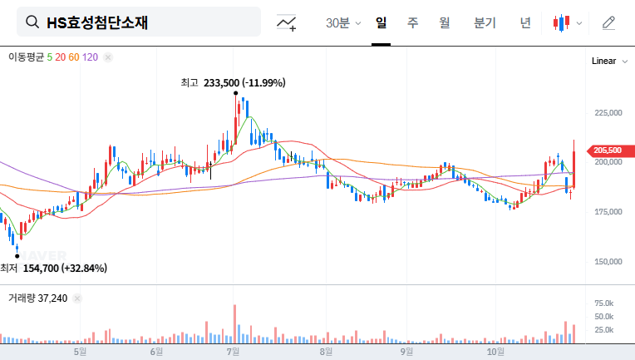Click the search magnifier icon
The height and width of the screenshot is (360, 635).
tap(32, 22)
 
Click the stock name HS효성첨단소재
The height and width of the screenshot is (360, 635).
tap(97, 22)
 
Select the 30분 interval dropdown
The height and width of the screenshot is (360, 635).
tap(342, 22)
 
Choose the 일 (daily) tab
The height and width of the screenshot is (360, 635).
tap(381, 22)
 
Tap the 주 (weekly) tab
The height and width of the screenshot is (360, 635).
tap(413, 22)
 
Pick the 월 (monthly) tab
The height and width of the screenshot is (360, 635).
tap(445, 22)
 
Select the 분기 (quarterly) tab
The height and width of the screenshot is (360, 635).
tap(485, 22)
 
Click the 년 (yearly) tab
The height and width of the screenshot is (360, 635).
tap(525, 22)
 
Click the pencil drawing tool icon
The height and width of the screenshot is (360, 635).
tap(608, 22)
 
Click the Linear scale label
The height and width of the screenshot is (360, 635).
tap(604, 62)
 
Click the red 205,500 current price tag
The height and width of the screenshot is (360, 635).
tap(608, 150)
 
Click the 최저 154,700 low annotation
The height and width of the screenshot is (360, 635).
tap(53, 268)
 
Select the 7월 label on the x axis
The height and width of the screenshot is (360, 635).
tap(234, 352)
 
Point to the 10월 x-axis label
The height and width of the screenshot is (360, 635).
tap(496, 352)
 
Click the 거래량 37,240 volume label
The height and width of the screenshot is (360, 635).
tap(37, 298)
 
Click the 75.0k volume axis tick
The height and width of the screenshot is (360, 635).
tap(603, 303)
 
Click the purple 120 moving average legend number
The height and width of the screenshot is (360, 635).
tap(91, 57)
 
